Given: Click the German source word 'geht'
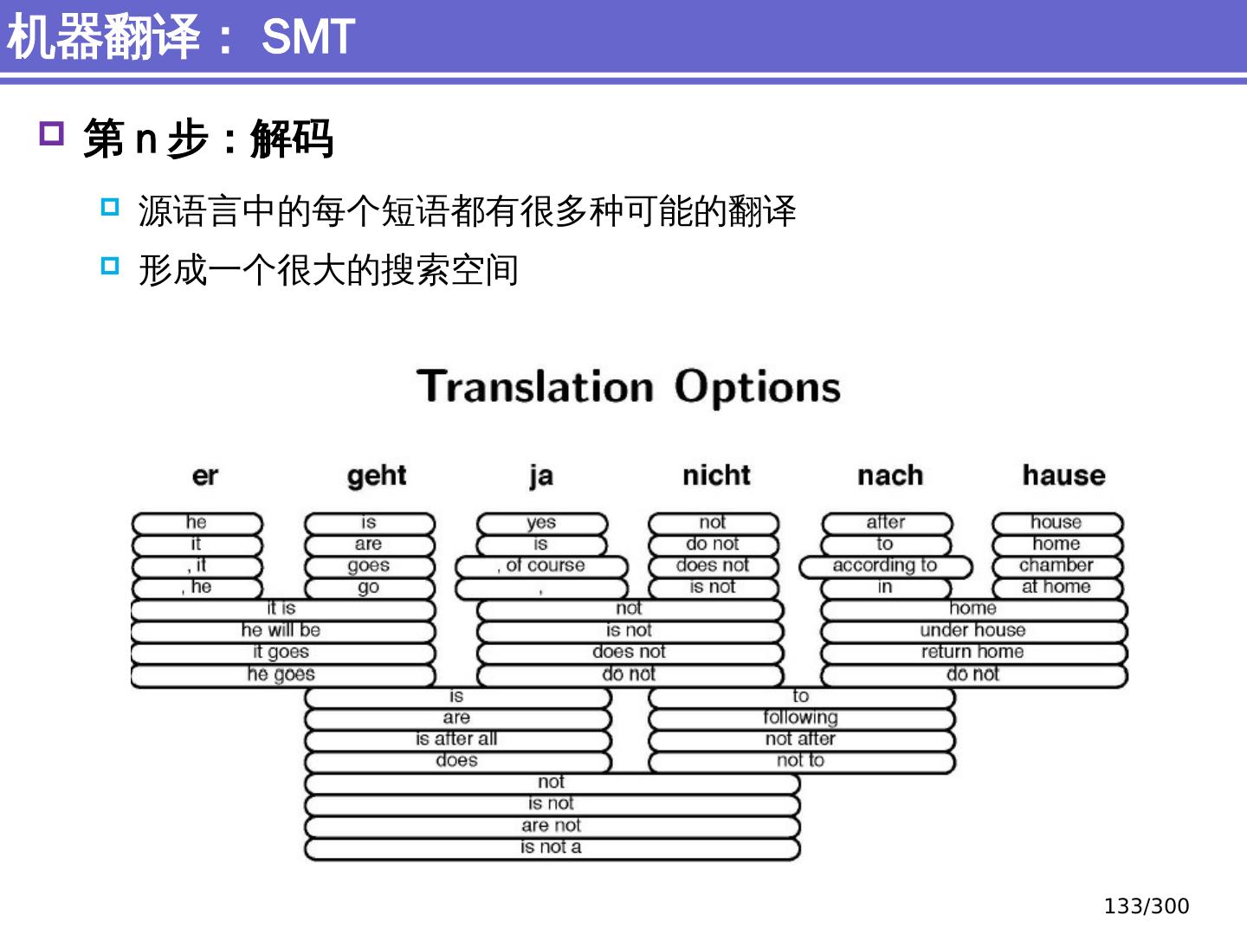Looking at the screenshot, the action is coord(377,475).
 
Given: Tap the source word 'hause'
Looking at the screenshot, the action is coord(1063,475).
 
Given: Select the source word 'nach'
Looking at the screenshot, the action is coord(890,475).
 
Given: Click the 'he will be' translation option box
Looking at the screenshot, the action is coord(281,630).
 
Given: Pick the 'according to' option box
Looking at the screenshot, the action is coord(885,566).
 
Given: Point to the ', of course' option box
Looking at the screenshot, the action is coord(542,566).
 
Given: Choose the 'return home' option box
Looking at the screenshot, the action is coord(973,652).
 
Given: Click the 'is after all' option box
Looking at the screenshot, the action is coord(457,739).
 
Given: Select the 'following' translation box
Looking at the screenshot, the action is coord(801,718).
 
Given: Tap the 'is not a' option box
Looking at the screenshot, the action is coord(552,848).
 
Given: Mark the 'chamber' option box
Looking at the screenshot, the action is coord(1056,566).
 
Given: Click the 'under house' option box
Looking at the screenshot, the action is coord(973,630).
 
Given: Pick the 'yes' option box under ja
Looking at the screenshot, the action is coord(541,523).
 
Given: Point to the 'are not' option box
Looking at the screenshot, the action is coord(552,826).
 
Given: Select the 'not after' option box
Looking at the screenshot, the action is coord(801,739).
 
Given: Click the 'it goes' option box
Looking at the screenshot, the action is coord(281,652).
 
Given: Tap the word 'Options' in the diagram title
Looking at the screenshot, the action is coord(757,387).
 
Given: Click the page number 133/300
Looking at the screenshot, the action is coord(1146,906).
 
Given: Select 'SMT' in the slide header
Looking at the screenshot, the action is coord(308,37).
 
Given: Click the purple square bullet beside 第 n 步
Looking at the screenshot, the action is coord(52,133).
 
